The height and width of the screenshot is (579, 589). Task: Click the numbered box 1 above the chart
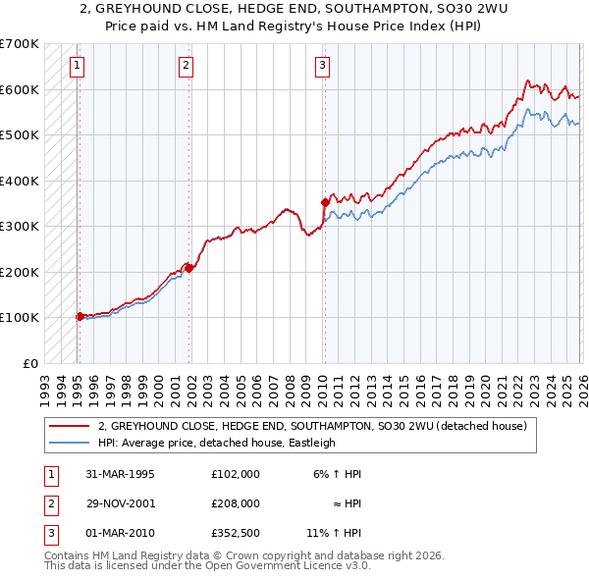[x=77, y=66]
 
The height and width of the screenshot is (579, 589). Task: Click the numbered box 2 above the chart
[x=186, y=66]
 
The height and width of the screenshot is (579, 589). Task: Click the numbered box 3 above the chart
[x=322, y=66]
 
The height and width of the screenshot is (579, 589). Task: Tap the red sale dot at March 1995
[x=80, y=316]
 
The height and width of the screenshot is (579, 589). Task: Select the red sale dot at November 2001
[x=188, y=267]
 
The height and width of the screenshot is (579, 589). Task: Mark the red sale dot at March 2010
[x=324, y=202]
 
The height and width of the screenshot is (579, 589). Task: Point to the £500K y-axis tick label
[x=19, y=134]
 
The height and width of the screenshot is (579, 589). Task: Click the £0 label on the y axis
[x=29, y=363]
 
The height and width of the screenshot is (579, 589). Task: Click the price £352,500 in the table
[x=235, y=535]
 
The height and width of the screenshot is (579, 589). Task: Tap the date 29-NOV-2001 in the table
[x=121, y=503]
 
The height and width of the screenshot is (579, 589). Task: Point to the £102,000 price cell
[x=235, y=473]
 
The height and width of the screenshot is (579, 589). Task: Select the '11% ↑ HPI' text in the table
[x=333, y=535]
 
